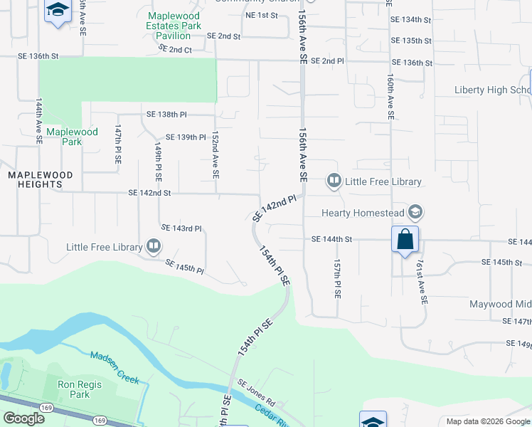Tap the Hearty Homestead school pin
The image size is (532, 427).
click(x=417, y=212)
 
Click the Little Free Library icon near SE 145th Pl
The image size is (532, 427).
click(x=154, y=247)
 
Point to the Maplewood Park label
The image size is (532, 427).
click(x=72, y=137)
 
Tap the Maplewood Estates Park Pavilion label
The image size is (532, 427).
click(x=174, y=26)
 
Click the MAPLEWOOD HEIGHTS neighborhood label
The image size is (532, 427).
click(x=36, y=179)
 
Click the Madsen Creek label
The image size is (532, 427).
click(x=115, y=367)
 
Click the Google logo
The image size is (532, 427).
click(x=23, y=418)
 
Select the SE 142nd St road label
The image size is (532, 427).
click(x=149, y=193)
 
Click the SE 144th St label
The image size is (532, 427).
click(x=331, y=240)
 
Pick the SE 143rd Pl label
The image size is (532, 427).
click(x=182, y=228)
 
